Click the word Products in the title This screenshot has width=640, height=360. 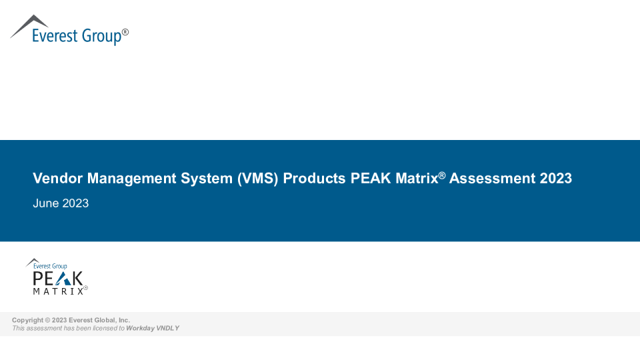point(314,179)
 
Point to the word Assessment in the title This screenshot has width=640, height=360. point(492,179)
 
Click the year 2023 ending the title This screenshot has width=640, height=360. point(555,179)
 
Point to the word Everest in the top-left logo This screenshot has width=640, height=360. point(55,35)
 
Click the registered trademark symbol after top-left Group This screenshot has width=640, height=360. point(125,31)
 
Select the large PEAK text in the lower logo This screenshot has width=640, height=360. point(58,279)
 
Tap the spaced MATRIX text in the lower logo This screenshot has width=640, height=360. point(58,291)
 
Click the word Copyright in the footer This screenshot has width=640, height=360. point(27,320)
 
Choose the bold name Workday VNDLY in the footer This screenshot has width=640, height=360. point(153,328)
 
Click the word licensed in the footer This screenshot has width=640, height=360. point(105,328)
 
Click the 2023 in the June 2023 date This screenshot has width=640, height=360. point(75,204)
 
